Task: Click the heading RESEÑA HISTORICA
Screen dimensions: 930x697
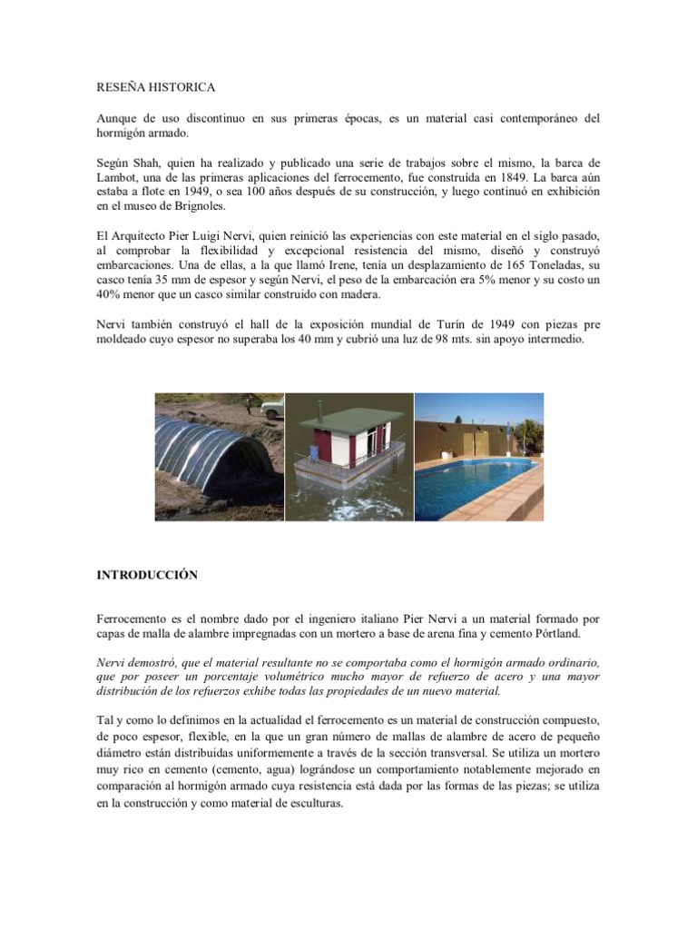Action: [155, 88]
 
